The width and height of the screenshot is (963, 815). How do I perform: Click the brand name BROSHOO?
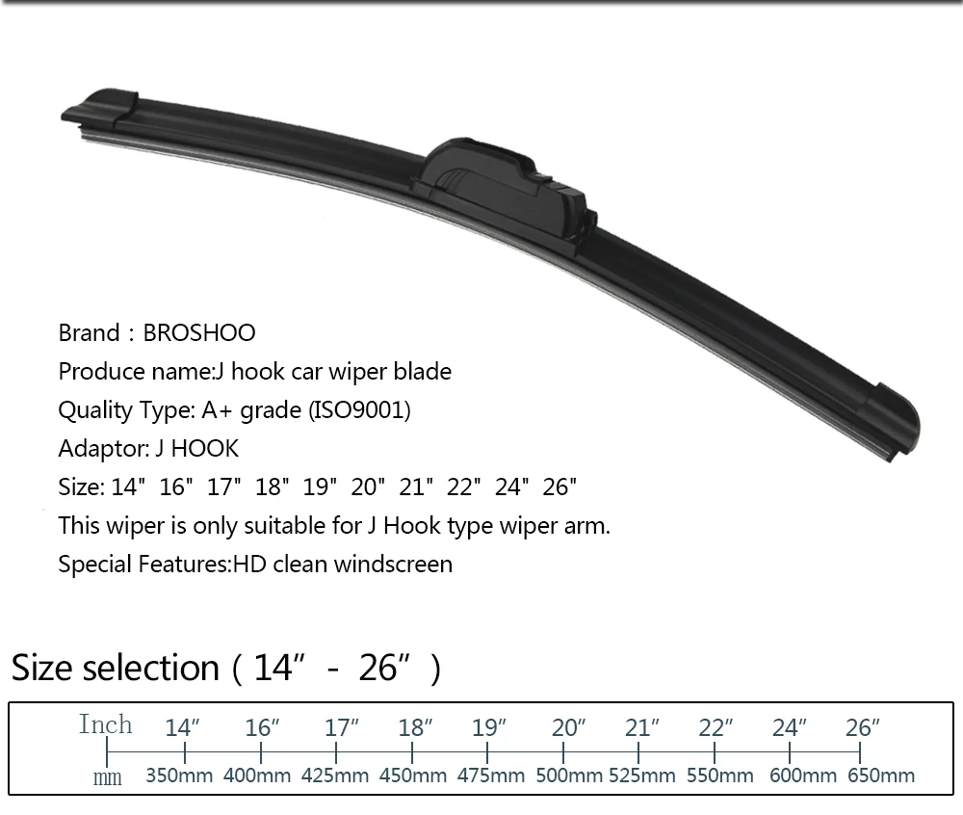tap(199, 333)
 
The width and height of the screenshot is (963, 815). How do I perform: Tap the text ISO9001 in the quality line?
tap(359, 409)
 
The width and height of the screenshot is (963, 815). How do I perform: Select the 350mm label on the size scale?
tap(179, 776)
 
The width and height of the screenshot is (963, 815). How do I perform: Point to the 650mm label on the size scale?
tap(881, 776)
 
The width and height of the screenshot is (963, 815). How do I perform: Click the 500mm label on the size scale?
tap(569, 776)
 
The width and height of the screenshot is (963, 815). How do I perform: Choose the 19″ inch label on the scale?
tap(489, 727)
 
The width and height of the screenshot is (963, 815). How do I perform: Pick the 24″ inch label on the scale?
tap(790, 727)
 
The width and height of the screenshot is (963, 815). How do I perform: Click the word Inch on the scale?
tap(105, 724)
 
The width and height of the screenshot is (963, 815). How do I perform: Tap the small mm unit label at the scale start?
tap(107, 778)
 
